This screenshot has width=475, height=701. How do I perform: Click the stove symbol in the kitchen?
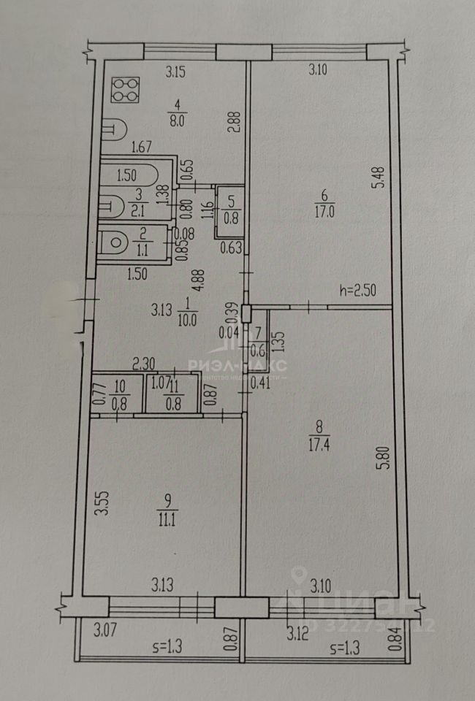(x=126, y=90)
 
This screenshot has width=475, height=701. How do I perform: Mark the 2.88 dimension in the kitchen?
(x=232, y=120)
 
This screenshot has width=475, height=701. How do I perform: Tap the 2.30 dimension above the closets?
(x=144, y=362)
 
